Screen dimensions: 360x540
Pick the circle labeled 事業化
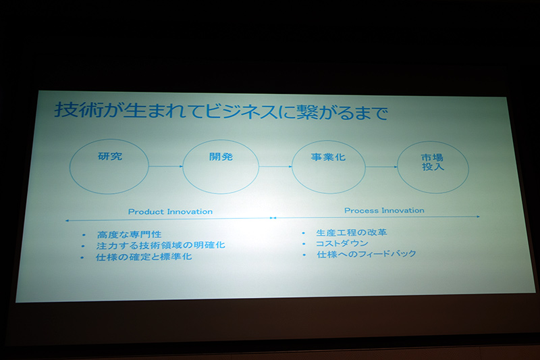[x=328, y=166]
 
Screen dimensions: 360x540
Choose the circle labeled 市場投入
[x=433, y=166]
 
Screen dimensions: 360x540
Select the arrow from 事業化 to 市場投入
[x=381, y=166]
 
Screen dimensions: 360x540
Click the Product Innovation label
[x=170, y=211]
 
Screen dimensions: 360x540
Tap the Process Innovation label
[x=384, y=210]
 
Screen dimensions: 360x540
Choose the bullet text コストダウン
[x=342, y=243]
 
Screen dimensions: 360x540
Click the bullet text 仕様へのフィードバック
[x=366, y=254]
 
